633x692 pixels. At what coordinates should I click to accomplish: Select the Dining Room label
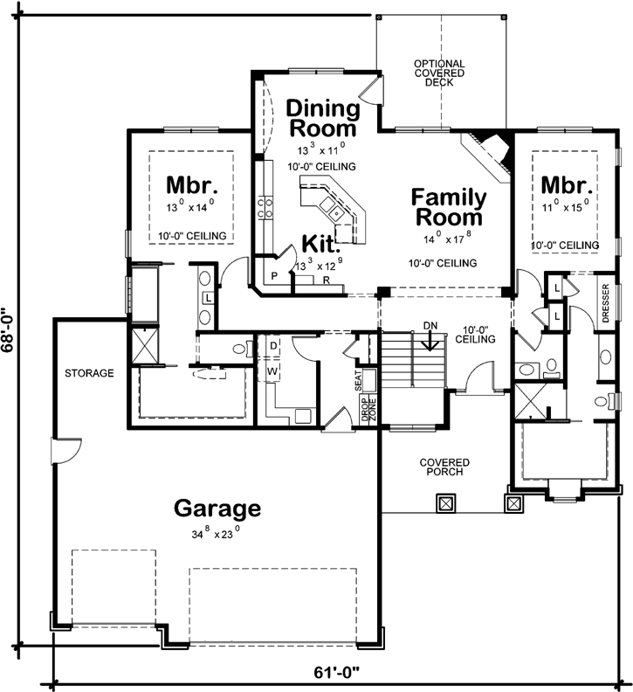pyautogui.click(x=323, y=119)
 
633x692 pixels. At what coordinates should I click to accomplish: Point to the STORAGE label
pyautogui.click(x=89, y=373)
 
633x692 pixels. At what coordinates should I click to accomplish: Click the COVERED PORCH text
pyautogui.click(x=444, y=467)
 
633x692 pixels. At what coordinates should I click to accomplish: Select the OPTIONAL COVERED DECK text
pyautogui.click(x=439, y=74)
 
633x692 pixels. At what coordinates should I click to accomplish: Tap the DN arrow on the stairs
pyautogui.click(x=429, y=336)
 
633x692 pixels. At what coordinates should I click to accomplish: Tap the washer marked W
pyautogui.click(x=273, y=370)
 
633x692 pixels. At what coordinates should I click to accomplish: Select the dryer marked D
pyautogui.click(x=273, y=346)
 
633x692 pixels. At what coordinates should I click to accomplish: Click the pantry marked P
pyautogui.click(x=273, y=276)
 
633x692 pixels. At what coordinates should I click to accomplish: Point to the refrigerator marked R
pyautogui.click(x=325, y=280)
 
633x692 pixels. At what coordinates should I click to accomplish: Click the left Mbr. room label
pyautogui.click(x=191, y=185)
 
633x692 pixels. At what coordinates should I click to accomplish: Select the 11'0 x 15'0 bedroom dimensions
pyautogui.click(x=563, y=207)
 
